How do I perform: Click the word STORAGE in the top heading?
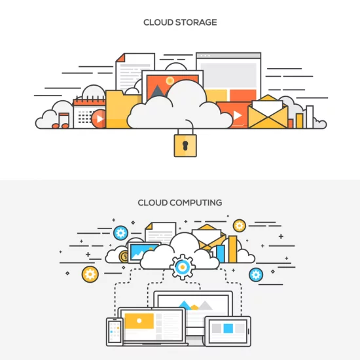(196, 22)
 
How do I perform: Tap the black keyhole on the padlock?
(185, 145)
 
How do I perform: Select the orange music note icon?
(61, 120)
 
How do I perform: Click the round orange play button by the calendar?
(99, 118)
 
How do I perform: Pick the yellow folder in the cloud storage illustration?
(120, 109)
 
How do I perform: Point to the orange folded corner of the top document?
(120, 58)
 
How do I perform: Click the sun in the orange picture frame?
(170, 81)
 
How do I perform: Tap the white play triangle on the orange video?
(238, 115)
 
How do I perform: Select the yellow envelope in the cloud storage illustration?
(268, 112)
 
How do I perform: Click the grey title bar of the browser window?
(228, 56)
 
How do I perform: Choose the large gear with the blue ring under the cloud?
(183, 267)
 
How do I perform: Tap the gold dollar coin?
(124, 257)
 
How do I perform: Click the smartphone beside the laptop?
(115, 332)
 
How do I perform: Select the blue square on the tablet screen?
(228, 329)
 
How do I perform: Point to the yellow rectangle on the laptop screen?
(139, 321)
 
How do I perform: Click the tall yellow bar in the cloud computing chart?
(232, 249)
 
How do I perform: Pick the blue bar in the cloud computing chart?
(221, 254)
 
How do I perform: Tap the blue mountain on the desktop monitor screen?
(185, 305)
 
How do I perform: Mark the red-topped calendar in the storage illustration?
(89, 113)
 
